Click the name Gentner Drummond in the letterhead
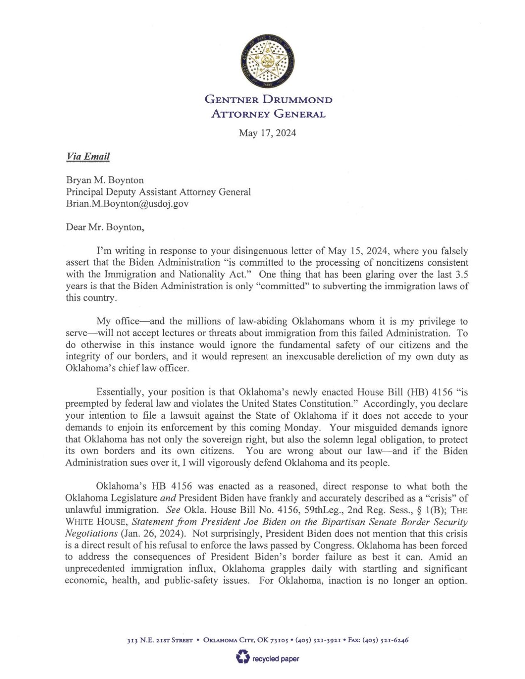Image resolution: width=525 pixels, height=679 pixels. tap(269, 100)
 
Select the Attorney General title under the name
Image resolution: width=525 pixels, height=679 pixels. tap(268, 114)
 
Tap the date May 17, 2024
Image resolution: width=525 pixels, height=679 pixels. tap(268, 133)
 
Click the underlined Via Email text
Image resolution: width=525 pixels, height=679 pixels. tap(88, 156)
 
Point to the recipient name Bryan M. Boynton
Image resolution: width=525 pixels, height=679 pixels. tap(105, 180)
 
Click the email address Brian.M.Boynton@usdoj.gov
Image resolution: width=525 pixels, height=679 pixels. tap(127, 204)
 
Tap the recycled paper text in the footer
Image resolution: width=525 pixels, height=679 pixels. tap(276, 659)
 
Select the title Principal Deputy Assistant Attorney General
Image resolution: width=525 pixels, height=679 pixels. tap(158, 192)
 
